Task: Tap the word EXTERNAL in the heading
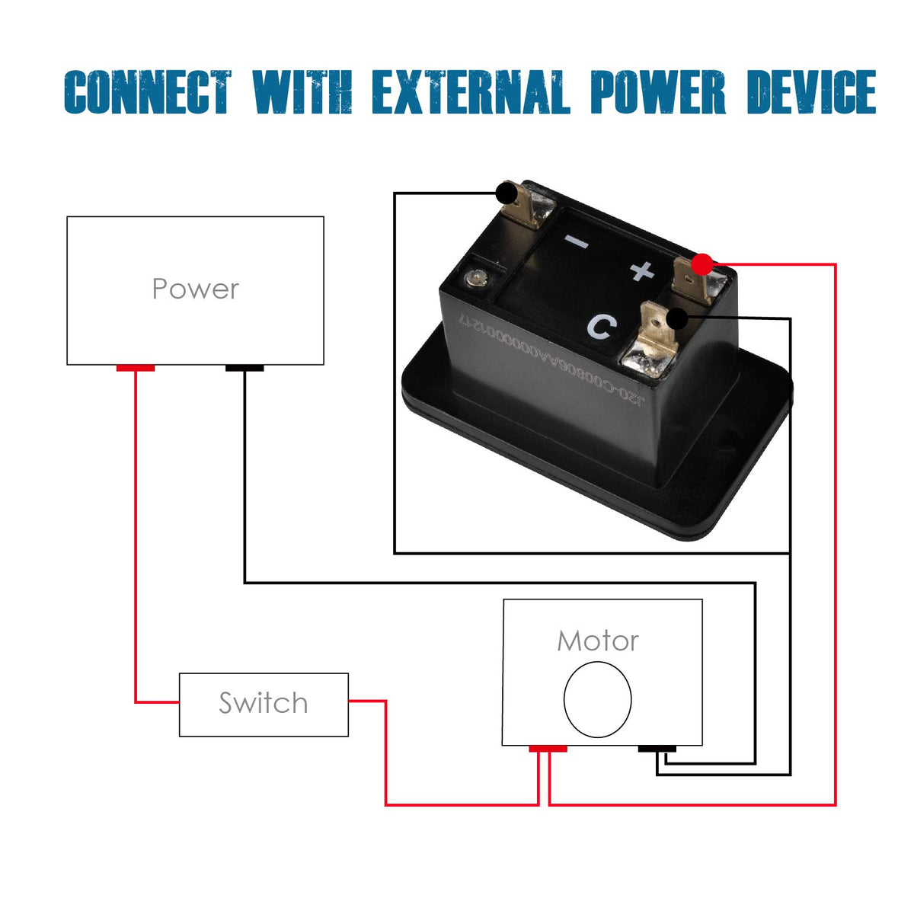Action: tap(471, 92)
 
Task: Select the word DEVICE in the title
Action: tap(811, 92)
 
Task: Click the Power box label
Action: tap(195, 289)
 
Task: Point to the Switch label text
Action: tap(264, 703)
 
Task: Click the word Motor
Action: tap(598, 641)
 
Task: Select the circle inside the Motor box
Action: tap(598, 699)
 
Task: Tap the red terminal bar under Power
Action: tap(136, 369)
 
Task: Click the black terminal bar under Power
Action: tap(244, 369)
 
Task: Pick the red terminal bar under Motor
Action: tap(548, 749)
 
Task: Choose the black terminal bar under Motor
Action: tap(657, 749)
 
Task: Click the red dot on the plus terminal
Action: tap(702, 264)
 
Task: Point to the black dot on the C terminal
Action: tap(676, 318)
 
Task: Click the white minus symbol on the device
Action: tap(577, 243)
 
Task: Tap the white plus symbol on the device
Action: tap(642, 270)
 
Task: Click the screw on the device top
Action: tap(478, 277)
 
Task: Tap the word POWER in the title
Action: tap(658, 92)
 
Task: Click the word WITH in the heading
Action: tap(302, 92)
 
